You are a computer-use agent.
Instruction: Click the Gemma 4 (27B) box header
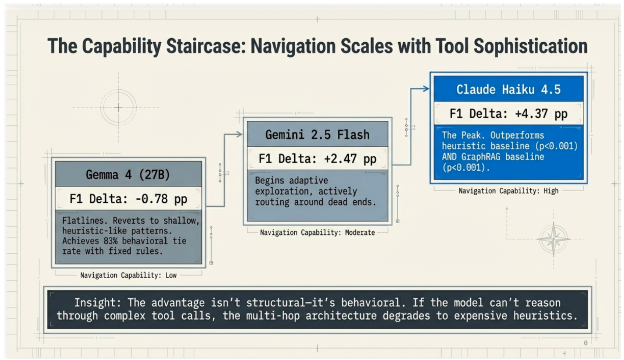[128, 175]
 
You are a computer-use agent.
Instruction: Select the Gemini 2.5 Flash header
[318, 134]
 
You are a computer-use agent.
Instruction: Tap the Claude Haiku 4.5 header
[509, 89]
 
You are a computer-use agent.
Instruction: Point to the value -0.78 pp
[161, 199]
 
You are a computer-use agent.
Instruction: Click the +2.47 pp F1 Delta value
[350, 159]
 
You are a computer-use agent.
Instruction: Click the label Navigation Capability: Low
[129, 275]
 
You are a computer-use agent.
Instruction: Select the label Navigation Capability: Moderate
[318, 232]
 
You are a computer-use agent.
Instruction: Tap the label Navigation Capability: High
[509, 191]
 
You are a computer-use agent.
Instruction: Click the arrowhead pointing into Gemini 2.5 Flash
[239, 134]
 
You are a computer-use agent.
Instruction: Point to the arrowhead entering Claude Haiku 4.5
[425, 89]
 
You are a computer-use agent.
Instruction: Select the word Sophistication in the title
[531, 46]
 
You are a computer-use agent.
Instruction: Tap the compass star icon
[554, 239]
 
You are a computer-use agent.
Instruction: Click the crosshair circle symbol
[118, 107]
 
